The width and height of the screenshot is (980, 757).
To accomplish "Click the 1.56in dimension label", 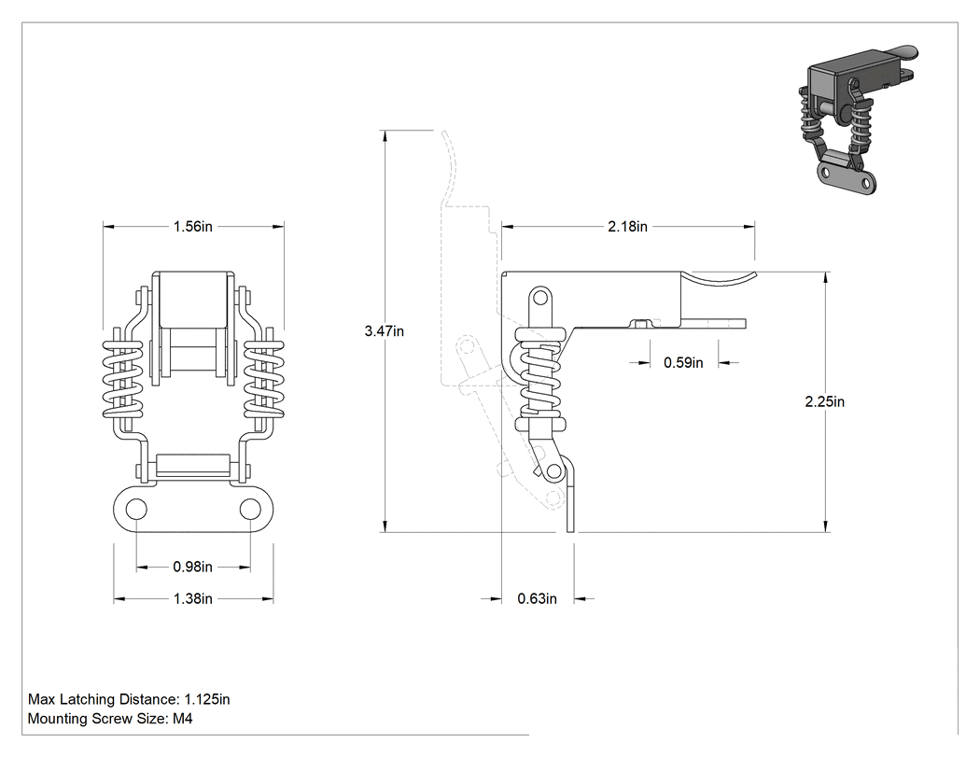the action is point(193,226).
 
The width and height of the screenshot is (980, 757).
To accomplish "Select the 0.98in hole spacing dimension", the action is point(193,567).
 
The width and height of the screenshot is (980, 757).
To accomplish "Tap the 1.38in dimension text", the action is point(193,599).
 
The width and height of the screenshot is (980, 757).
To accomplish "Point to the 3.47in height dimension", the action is point(385,331).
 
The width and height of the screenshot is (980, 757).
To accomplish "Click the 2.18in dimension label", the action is point(627,226).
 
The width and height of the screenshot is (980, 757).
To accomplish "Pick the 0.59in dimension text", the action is point(683,362).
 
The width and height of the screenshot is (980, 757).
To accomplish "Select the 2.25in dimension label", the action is point(824,401).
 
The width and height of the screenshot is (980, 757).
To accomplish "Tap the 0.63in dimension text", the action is point(537,599).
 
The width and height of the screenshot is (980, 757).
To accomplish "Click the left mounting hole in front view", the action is point(136,509).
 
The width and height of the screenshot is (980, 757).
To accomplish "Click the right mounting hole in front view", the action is point(251,509).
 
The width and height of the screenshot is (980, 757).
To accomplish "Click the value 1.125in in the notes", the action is point(207,699).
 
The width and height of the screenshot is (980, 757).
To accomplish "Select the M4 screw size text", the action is point(183,718).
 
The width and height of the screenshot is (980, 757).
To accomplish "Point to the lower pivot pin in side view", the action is point(553,470).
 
